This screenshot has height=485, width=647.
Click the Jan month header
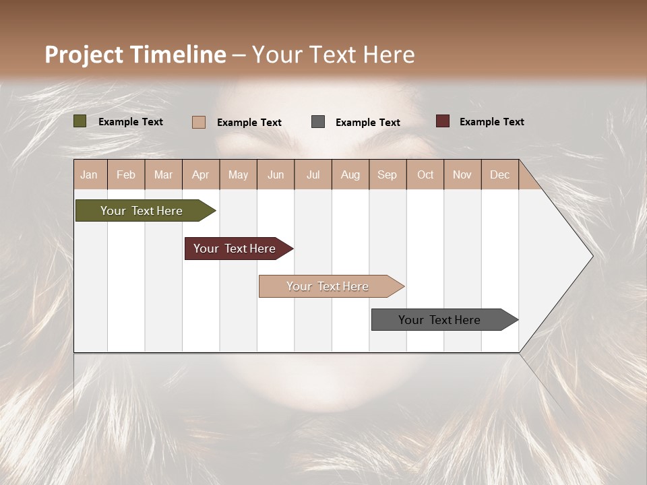point(89,174)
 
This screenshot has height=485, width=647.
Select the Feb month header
point(126,174)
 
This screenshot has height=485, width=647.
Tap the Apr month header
point(200,174)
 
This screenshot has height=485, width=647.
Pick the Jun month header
point(276,174)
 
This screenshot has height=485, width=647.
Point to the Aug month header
point(350,174)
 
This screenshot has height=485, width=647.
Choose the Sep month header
point(387,174)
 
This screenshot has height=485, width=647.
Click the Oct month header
point(425,174)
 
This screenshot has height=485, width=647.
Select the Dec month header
point(499,174)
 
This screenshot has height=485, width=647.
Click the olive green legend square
point(80,121)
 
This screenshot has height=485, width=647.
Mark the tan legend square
point(199,122)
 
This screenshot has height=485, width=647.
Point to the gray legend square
point(318,122)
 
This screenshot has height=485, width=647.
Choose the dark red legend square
point(443,121)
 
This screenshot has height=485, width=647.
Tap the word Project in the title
point(84,55)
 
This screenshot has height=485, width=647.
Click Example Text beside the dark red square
point(491,122)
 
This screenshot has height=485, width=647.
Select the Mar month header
point(163,174)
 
